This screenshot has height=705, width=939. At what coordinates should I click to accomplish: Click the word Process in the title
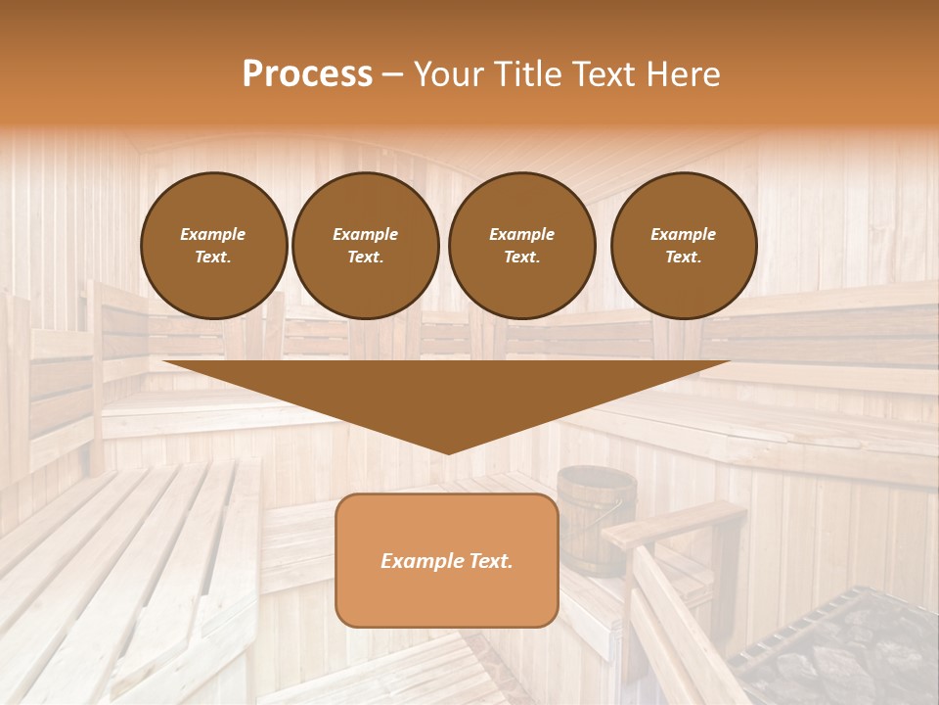pyautogui.click(x=307, y=74)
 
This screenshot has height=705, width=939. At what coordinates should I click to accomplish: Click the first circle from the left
pyautogui.click(x=213, y=246)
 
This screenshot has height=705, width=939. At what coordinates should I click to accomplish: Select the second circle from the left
pyautogui.click(x=365, y=246)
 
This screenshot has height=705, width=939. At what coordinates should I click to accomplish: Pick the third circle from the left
pyautogui.click(x=521, y=246)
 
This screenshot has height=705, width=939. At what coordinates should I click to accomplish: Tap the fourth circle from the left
pyautogui.click(x=683, y=246)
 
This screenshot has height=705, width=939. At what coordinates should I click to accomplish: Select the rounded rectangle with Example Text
pyautogui.click(x=447, y=560)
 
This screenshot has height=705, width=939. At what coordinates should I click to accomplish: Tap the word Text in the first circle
pyautogui.click(x=212, y=258)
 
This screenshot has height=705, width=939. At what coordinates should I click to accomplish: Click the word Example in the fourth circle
pyautogui.click(x=683, y=234)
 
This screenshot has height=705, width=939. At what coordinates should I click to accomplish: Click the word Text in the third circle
pyautogui.click(x=521, y=258)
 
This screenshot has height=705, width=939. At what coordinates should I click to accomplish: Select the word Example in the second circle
pyautogui.click(x=365, y=234)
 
